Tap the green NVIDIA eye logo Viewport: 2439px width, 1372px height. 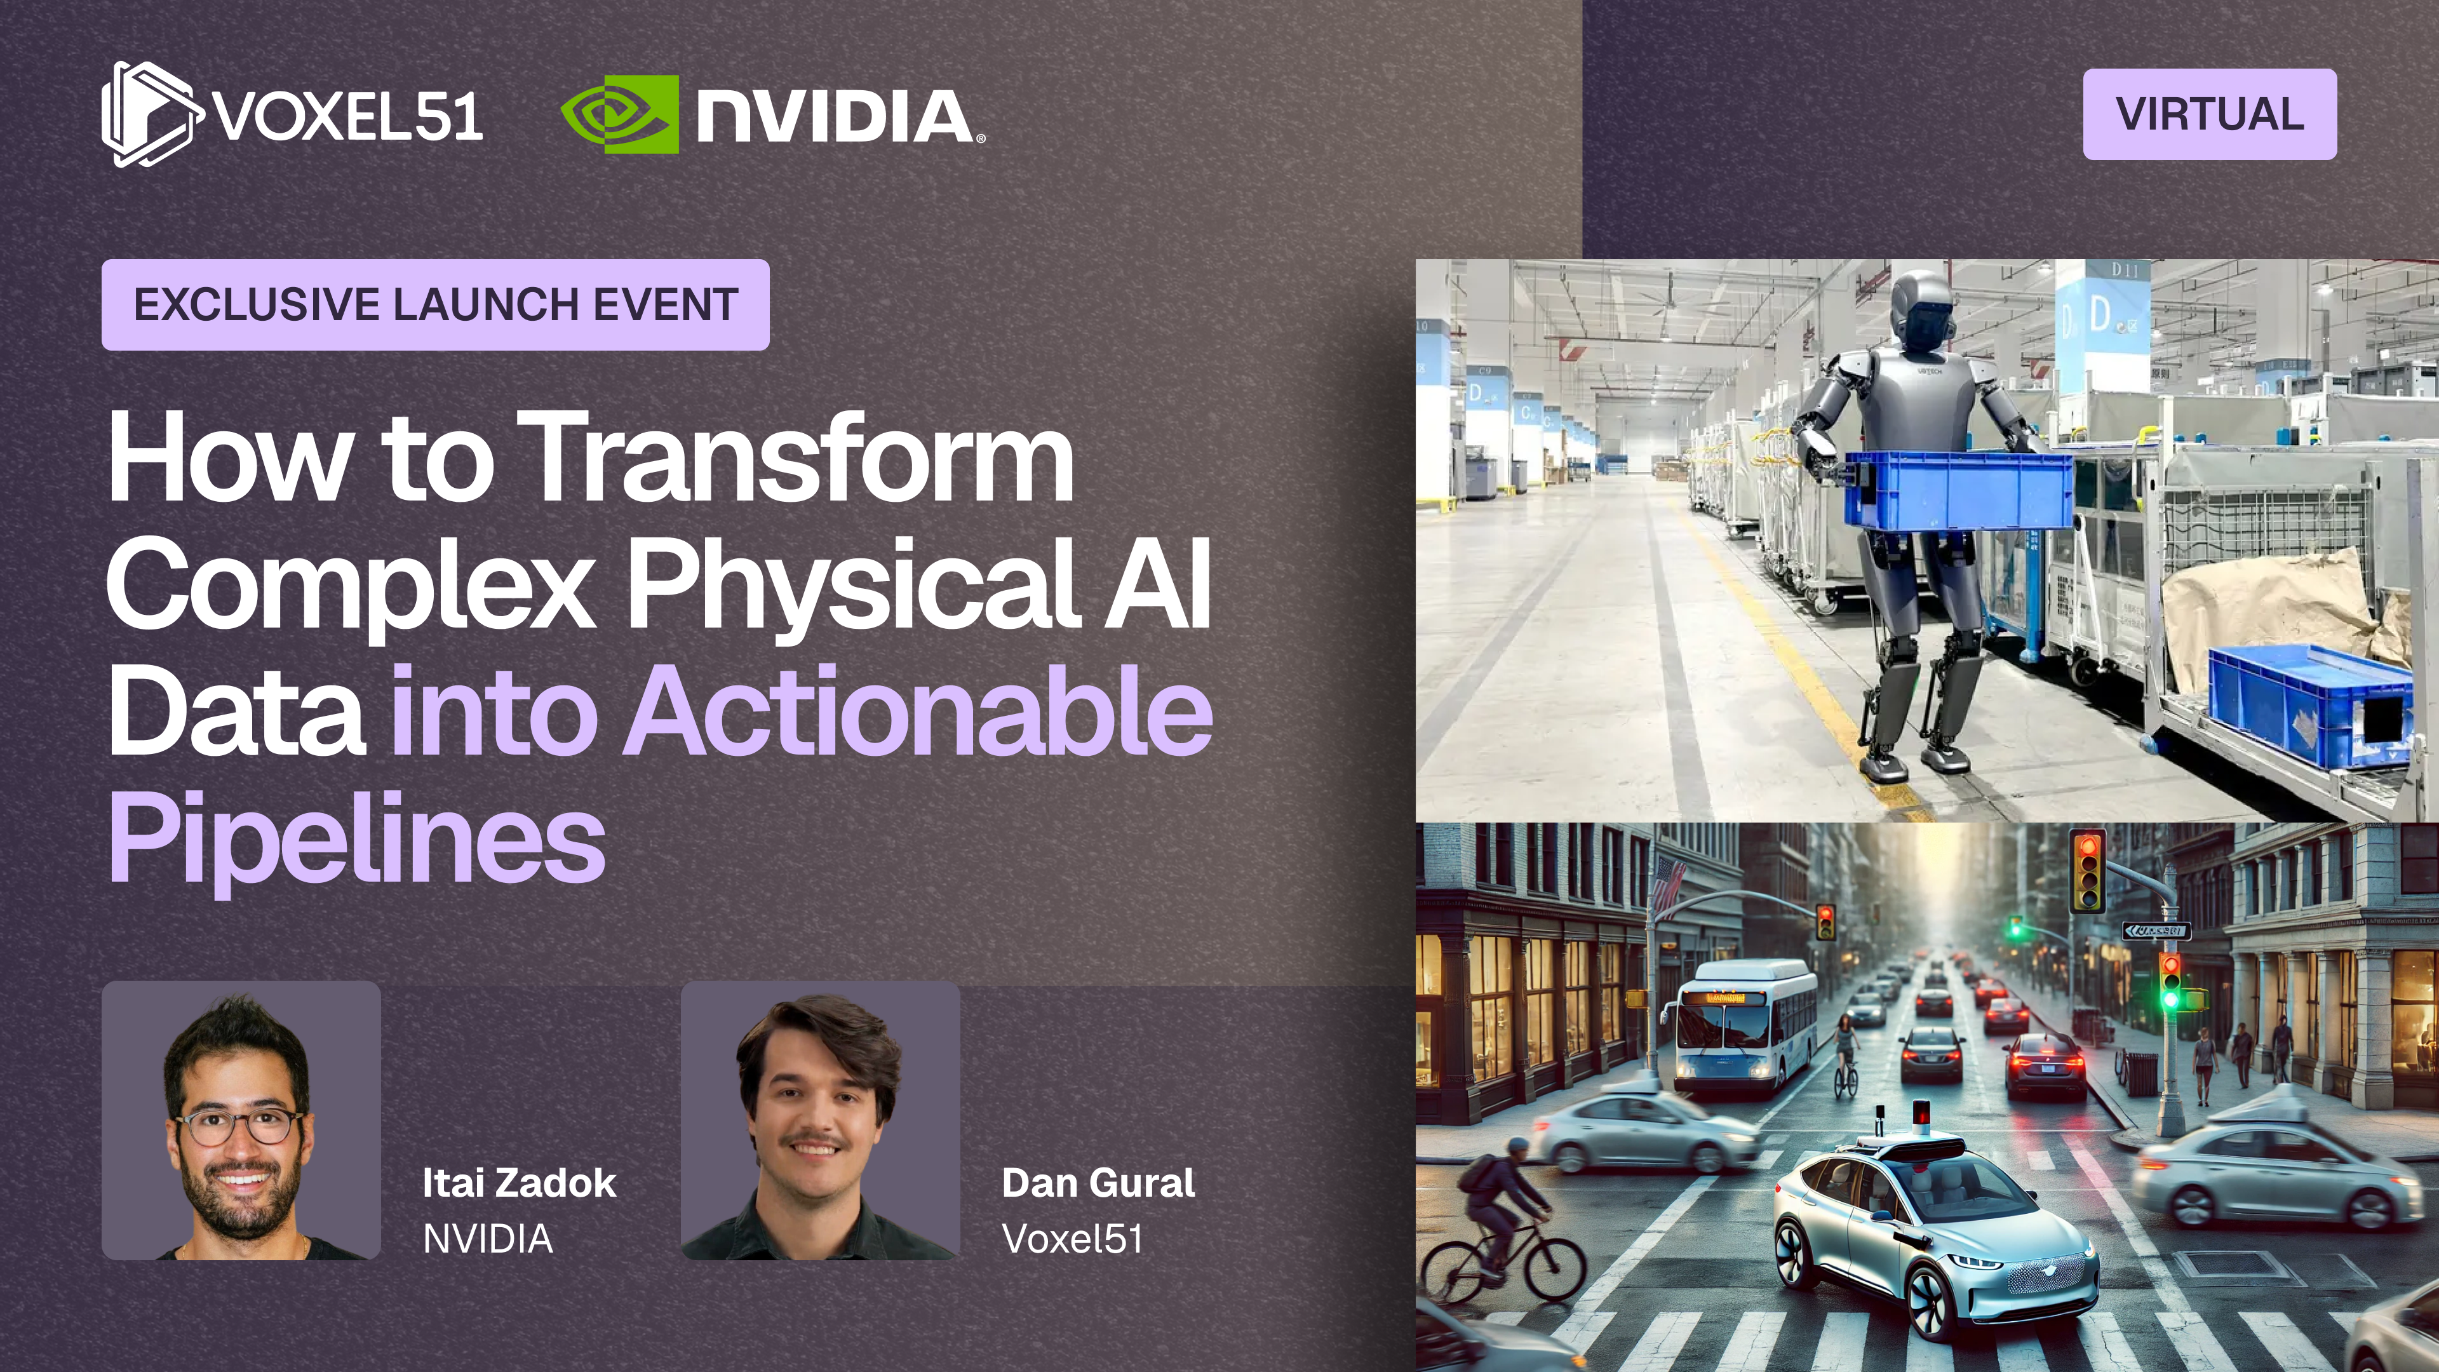pyautogui.click(x=620, y=114)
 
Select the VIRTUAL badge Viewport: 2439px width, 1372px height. pyautogui.click(x=2209, y=114)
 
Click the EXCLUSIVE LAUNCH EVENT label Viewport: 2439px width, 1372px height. pyautogui.click(x=436, y=305)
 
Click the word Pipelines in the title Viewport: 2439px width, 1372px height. pyautogui.click(x=357, y=838)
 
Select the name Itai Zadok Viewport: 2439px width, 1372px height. pyautogui.click(x=519, y=1183)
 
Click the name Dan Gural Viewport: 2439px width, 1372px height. pyautogui.click(x=1098, y=1183)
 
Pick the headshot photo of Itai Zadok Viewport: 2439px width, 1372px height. pyautogui.click(x=241, y=1120)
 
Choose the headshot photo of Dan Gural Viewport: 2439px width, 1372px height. pyautogui.click(x=821, y=1120)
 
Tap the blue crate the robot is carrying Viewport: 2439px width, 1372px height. pyautogui.click(x=1958, y=490)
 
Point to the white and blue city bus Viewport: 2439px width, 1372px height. pyautogui.click(x=1744, y=1025)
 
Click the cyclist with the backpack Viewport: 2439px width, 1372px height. pyautogui.click(x=1499, y=1221)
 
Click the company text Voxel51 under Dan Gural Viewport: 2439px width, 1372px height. pyautogui.click(x=1073, y=1239)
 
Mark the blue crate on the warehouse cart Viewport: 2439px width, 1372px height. pyautogui.click(x=2310, y=704)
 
